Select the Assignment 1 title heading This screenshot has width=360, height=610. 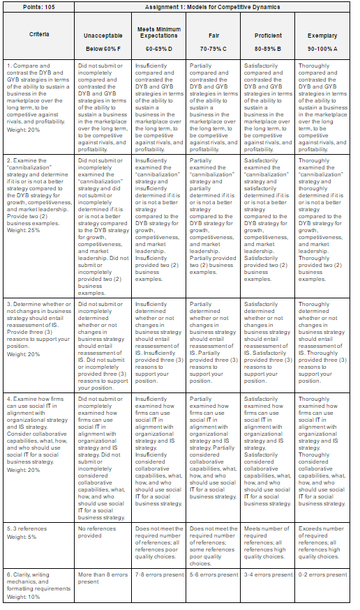click(x=212, y=6)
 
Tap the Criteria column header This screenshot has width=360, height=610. click(x=39, y=35)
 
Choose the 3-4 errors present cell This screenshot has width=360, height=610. click(x=269, y=574)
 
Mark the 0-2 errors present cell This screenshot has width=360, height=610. click(x=322, y=574)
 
